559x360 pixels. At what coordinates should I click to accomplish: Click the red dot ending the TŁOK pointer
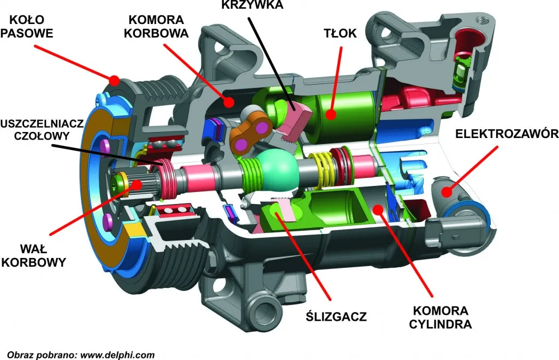(x=330, y=114)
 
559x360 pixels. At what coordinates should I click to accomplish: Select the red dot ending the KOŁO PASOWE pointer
(x=114, y=80)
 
